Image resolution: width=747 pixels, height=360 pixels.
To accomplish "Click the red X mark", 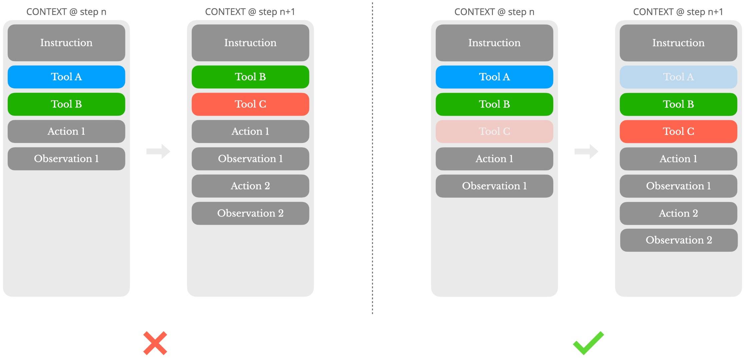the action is tap(155, 343).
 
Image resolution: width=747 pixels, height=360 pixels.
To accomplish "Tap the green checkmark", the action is tap(588, 343).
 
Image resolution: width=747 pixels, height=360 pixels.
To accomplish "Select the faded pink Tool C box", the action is tap(494, 131).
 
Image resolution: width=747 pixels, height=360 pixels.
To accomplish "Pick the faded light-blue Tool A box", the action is tap(678, 77).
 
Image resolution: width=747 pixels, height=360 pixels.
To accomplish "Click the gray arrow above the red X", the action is tap(158, 151).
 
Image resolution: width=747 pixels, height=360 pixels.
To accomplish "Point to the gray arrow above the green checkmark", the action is tap(586, 151).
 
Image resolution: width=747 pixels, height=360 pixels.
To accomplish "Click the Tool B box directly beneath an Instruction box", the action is tap(250, 77).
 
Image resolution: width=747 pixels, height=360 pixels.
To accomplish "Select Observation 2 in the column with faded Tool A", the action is tap(679, 240).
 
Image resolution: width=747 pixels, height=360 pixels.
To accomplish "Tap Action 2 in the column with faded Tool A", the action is tap(678, 213).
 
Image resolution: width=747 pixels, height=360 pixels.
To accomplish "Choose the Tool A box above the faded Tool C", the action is tap(494, 77).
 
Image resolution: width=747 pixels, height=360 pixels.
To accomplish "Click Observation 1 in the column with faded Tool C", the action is tap(494, 186).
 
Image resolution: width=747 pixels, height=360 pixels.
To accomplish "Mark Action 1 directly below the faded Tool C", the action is tap(494, 159).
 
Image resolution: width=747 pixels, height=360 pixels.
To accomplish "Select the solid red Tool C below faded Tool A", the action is tap(678, 131).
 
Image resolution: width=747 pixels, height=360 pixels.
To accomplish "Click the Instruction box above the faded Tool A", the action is tap(678, 43).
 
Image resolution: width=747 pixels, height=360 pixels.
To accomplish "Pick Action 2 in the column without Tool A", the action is tap(250, 186).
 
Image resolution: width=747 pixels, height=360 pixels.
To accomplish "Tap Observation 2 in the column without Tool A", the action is tap(250, 213).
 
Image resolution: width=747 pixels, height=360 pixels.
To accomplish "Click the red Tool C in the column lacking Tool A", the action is tap(250, 104).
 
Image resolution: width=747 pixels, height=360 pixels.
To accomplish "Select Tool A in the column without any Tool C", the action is tap(66, 77).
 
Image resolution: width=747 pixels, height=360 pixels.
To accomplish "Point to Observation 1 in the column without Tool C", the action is tap(66, 159).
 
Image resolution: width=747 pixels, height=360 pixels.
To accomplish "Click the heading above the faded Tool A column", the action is tap(678, 12).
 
